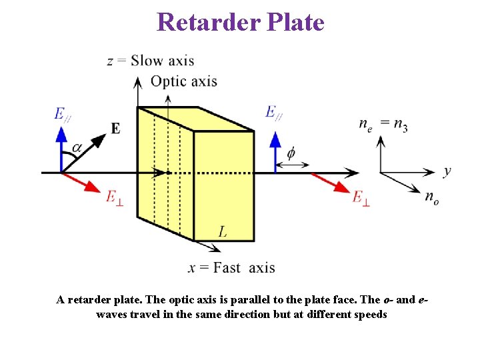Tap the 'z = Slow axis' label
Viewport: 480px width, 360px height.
click(151, 61)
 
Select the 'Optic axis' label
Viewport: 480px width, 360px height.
click(184, 81)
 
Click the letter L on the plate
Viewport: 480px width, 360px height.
click(223, 231)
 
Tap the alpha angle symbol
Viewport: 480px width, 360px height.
click(77, 147)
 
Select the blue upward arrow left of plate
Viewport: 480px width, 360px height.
click(61, 148)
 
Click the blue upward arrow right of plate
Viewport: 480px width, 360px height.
click(275, 153)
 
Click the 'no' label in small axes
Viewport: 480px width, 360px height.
click(432, 197)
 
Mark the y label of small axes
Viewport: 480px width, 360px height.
click(447, 171)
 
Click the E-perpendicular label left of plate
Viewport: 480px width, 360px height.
click(115, 197)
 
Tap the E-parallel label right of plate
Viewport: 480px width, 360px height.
click(273, 113)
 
